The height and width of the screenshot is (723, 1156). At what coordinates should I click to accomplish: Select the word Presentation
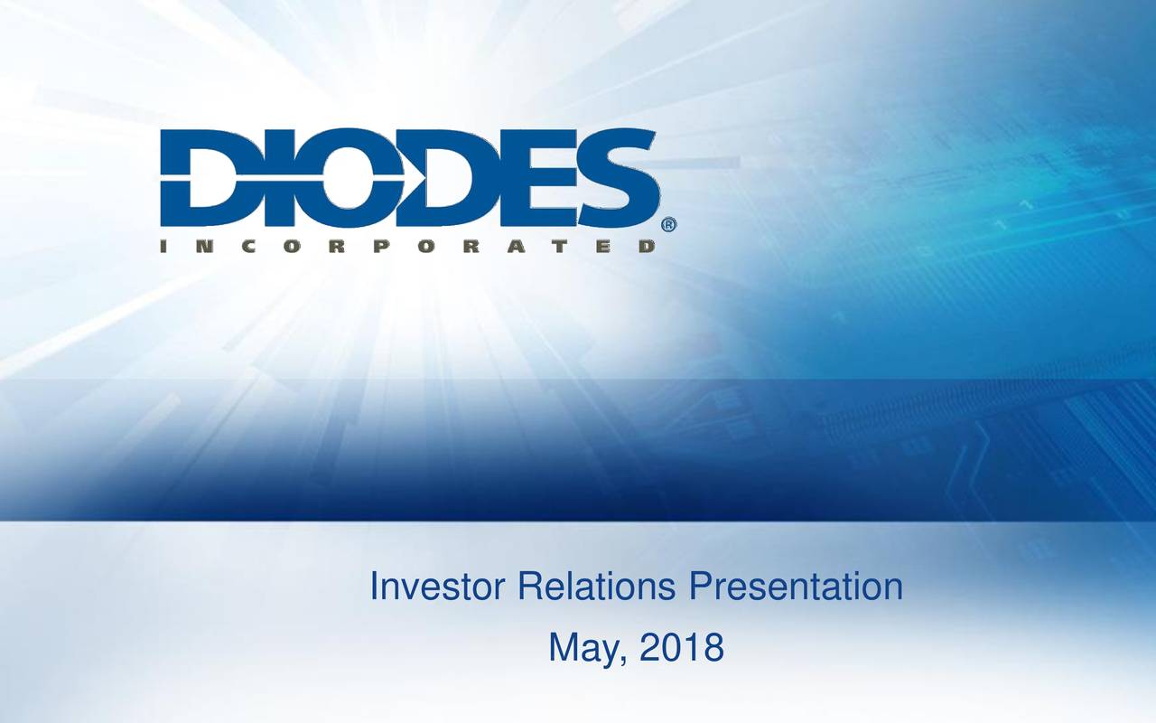click(x=795, y=588)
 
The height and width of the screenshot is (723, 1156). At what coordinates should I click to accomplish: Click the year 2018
click(x=680, y=648)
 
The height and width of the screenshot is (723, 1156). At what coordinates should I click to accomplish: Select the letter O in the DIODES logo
click(x=307, y=178)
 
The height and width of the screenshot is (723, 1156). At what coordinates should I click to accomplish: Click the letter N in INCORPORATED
click(x=209, y=246)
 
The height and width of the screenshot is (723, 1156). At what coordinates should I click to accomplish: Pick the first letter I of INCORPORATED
click(x=165, y=246)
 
